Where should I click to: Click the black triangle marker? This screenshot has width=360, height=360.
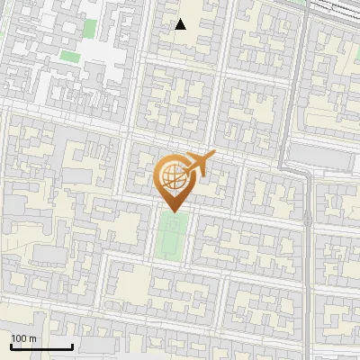click(x=181, y=24)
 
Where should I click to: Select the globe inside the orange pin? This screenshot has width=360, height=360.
click(x=171, y=175)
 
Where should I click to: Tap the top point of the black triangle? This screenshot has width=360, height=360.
click(x=181, y=19)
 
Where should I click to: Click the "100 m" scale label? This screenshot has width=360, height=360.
click(x=23, y=338)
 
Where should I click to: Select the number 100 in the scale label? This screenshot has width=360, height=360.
click(x=19, y=338)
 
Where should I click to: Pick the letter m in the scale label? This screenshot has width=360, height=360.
click(x=32, y=338)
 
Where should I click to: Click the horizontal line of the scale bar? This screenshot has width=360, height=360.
click(x=41, y=346)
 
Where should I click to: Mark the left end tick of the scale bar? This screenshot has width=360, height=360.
click(x=11, y=345)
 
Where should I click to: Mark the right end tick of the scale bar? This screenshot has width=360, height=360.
click(x=72, y=345)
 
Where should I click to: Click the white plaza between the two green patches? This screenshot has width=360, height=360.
click(x=101, y=49)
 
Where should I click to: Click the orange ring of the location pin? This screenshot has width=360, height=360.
click(x=158, y=171)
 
